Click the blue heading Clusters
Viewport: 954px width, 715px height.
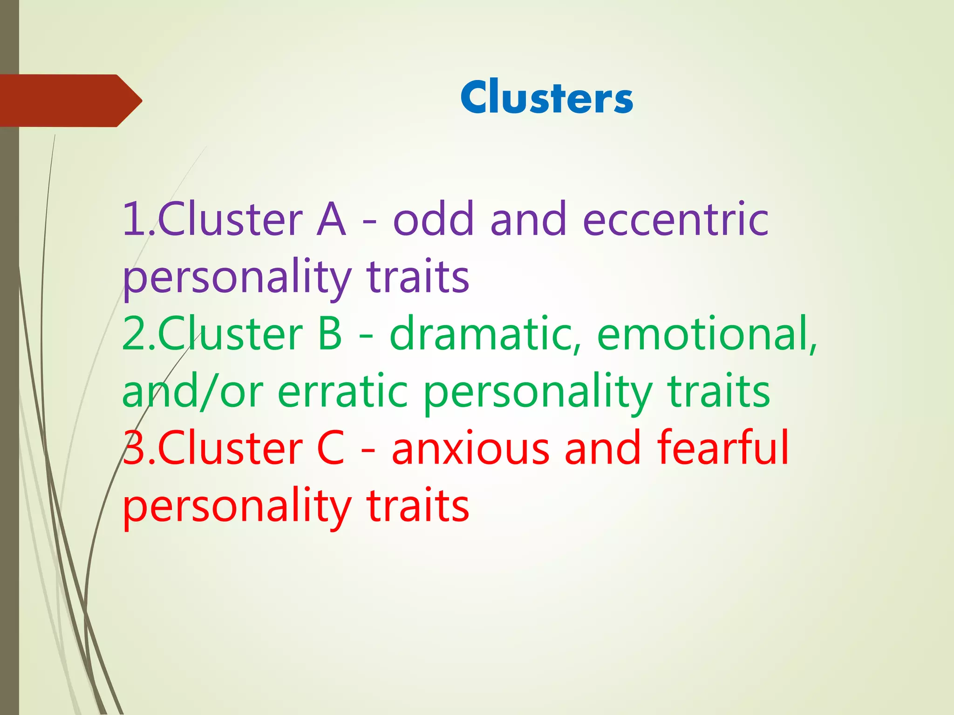coord(547,97)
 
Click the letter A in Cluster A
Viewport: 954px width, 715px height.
coord(331,220)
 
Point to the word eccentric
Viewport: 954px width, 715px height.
coord(675,220)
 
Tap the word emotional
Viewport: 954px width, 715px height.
coord(706,333)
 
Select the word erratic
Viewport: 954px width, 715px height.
coord(343,391)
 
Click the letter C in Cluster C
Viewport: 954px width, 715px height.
coord(331,448)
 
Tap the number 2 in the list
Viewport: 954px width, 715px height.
coord(135,333)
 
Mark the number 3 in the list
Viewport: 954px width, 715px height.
coord(135,448)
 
